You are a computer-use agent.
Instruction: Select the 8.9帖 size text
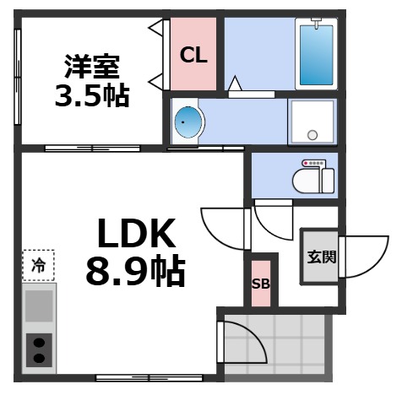[135, 271]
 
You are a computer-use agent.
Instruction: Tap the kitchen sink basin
[38, 306]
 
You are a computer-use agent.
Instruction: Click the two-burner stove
[38, 348]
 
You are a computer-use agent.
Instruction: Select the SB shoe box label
[261, 283]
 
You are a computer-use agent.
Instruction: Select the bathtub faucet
[318, 20]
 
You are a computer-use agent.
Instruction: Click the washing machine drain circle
[312, 133]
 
